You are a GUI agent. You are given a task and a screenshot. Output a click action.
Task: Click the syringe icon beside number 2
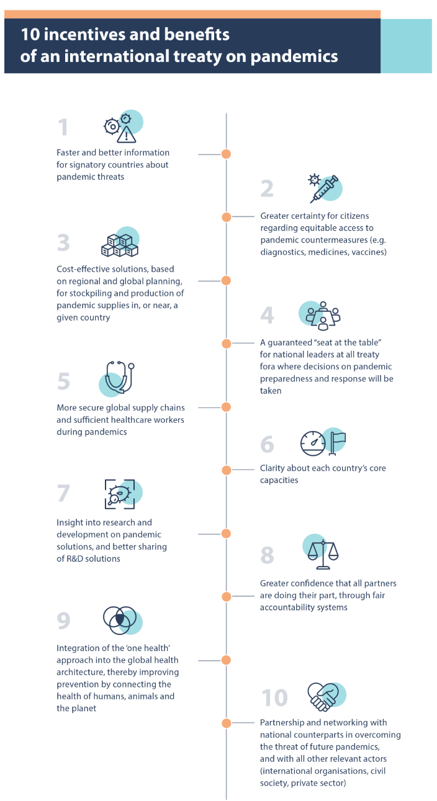point(324,189)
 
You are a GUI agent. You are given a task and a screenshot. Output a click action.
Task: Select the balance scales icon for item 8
point(323,555)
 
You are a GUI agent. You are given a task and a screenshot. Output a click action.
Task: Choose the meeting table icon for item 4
point(323,316)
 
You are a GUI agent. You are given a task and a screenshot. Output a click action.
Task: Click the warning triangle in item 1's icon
point(127,135)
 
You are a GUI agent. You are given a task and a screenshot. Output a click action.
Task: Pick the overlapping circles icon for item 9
point(120,620)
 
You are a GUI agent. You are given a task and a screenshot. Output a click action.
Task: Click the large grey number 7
point(63,493)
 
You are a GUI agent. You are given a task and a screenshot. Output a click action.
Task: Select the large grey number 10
point(274,697)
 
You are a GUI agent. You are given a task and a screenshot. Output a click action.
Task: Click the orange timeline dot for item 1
point(226,154)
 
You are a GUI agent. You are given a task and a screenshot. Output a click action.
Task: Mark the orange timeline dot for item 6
point(226,470)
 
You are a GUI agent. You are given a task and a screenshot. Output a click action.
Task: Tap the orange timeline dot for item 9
point(226,660)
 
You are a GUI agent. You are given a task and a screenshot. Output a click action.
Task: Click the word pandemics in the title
point(294,56)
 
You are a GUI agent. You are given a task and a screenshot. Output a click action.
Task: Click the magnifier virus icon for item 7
point(120,494)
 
